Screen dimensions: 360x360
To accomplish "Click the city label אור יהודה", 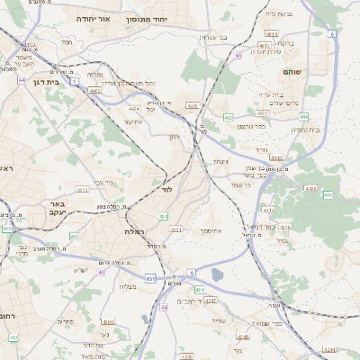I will (x=93, y=18).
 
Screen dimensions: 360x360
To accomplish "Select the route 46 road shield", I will (x=238, y=56).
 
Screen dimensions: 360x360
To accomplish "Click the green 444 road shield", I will (x=303, y=117).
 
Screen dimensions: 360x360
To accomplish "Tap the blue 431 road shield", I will (x=149, y=277).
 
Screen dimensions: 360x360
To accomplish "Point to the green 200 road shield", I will (x=74, y=237).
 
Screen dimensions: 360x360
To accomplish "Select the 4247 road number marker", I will (x=210, y=300).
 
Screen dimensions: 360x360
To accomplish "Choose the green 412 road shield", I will (x=13, y=337).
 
